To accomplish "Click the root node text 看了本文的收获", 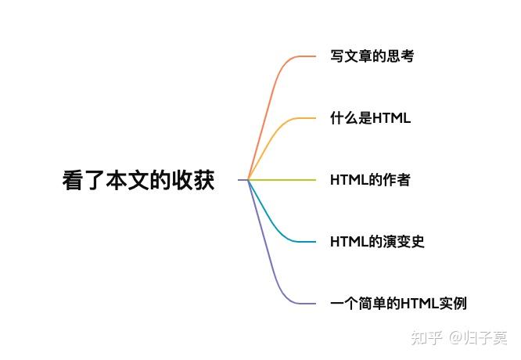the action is (x=138, y=181).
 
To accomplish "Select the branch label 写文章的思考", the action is (x=372, y=56).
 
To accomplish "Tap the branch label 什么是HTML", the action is (x=370, y=118).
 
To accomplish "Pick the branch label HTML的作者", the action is (x=370, y=180).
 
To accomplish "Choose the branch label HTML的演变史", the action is (x=377, y=242).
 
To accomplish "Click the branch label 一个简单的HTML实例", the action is (x=398, y=304).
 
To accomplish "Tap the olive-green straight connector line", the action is (x=282, y=180).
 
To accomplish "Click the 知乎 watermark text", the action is (x=427, y=338).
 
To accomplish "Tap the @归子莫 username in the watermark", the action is (x=478, y=338).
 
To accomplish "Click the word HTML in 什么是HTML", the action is (x=391, y=118).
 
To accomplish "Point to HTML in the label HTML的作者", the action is (x=349, y=180).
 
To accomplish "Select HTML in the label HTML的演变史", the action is (x=349, y=242).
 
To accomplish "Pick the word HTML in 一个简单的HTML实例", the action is (x=419, y=304).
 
